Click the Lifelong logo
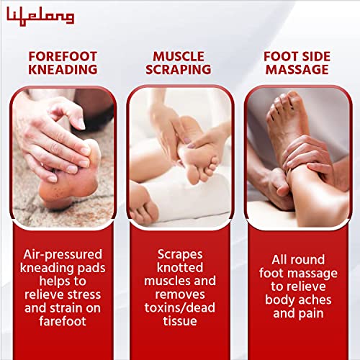click(40, 16)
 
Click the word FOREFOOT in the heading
click(62, 56)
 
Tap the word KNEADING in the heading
click(62, 70)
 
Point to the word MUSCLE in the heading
click(180, 56)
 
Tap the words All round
click(297, 260)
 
